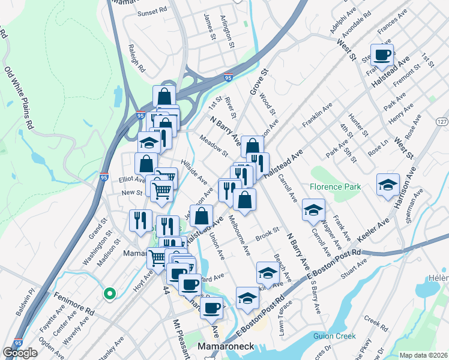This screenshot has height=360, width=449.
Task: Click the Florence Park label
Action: click(336, 187)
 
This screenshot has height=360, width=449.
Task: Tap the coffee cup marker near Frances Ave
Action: click(382, 55)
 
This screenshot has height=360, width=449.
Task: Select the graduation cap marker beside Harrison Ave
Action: click(388, 184)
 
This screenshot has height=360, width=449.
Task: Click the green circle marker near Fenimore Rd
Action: click(109, 294)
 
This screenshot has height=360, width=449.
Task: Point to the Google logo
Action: click(20, 353)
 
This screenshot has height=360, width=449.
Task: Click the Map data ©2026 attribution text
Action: click(424, 355)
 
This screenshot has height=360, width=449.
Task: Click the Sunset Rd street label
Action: click(151, 12)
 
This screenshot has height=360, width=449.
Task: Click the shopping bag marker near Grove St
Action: click(253, 146)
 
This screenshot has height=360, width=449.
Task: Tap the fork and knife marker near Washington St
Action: click(137, 220)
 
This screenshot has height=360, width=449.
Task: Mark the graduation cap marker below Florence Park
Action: click(312, 209)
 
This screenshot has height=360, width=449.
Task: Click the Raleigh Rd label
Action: click(137, 58)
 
